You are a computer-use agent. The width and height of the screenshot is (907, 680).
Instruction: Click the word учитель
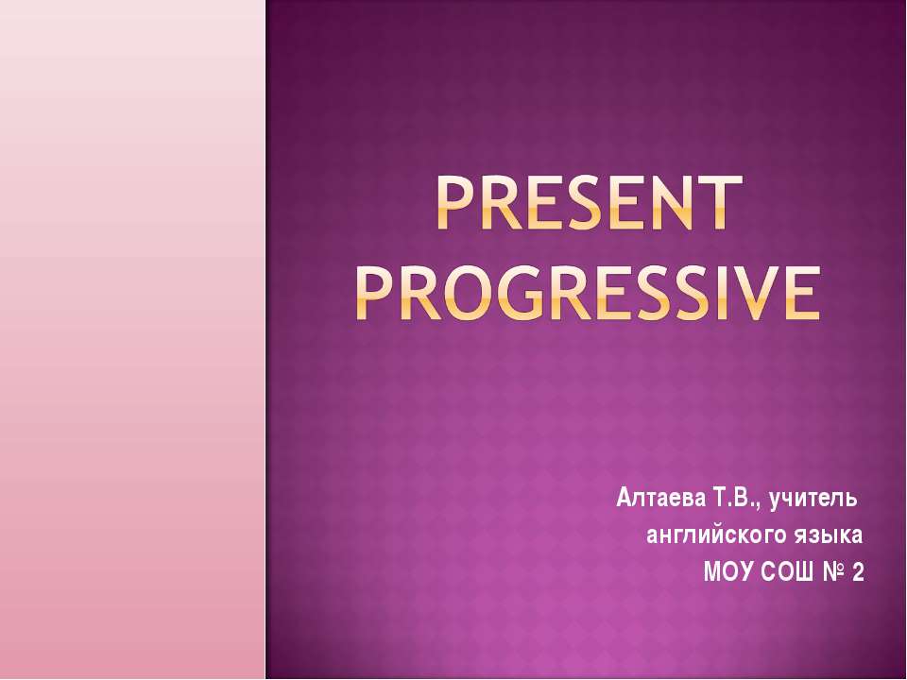[813, 498]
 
